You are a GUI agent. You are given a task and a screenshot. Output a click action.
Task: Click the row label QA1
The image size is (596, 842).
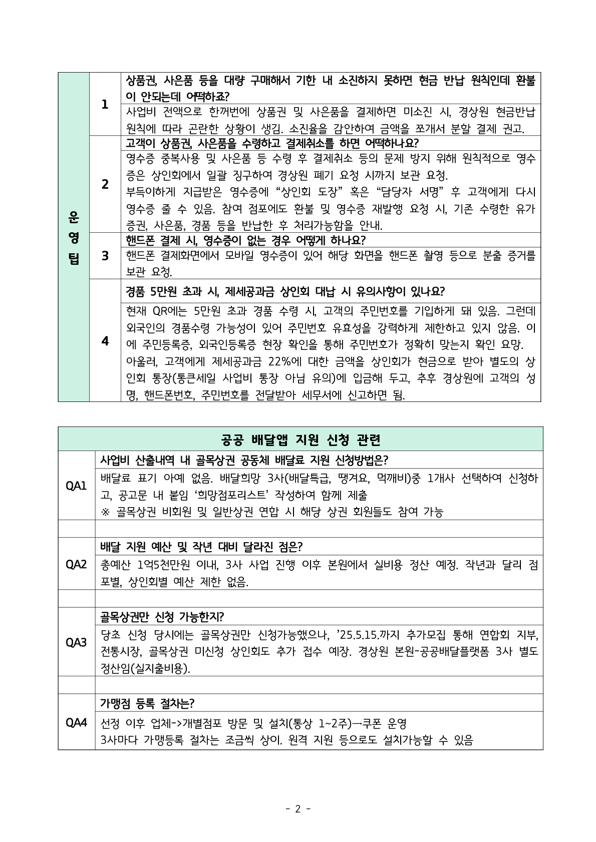coord(76,486)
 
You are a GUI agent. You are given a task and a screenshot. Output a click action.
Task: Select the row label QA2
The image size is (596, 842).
coord(76,564)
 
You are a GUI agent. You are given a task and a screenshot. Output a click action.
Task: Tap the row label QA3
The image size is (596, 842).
coord(76,642)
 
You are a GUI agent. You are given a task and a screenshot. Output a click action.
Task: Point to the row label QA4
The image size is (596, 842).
coord(76,722)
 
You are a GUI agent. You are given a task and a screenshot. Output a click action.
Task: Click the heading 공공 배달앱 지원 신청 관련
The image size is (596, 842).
coord(301,440)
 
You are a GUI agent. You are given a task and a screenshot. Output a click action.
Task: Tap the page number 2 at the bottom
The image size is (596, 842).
coord(297,808)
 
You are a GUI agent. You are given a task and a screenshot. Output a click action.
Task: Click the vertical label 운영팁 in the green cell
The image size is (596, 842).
coord(74,237)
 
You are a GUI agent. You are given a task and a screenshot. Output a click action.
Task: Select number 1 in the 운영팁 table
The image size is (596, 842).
coord(105,105)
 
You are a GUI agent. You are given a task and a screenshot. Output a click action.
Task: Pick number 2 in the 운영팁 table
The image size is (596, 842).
coord(105,184)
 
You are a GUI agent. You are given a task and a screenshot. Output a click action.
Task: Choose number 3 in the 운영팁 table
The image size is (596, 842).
coord(105,256)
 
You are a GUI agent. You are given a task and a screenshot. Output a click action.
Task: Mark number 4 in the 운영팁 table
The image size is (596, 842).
coord(105,341)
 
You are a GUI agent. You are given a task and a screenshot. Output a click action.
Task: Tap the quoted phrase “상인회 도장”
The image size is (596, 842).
coord(314,192)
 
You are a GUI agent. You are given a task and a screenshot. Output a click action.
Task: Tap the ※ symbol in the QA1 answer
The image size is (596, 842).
coord(105,512)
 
